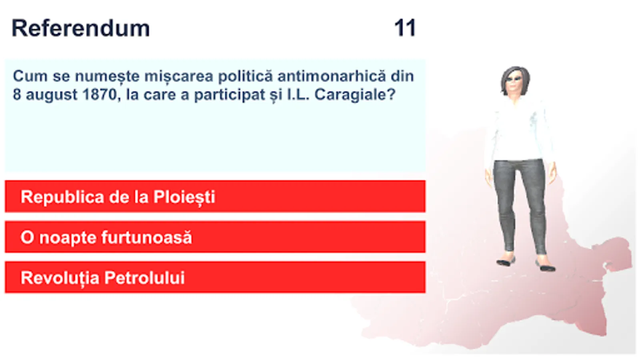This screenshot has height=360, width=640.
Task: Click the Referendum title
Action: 80,28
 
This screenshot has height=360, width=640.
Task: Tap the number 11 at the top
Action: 405,28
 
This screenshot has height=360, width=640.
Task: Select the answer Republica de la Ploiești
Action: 215,196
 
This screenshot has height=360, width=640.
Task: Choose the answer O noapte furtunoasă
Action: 215,237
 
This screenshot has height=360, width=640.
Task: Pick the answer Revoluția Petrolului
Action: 215,277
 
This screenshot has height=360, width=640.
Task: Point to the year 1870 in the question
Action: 100,94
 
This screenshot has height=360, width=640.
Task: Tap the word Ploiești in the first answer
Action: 184,198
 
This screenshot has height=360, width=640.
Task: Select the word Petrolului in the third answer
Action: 144,278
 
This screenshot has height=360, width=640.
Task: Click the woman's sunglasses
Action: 514,78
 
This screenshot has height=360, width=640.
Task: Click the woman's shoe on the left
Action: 506,261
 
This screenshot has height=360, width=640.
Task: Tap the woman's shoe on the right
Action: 545,266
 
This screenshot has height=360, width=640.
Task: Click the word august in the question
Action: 52,95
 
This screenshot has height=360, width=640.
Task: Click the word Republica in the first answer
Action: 62,197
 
